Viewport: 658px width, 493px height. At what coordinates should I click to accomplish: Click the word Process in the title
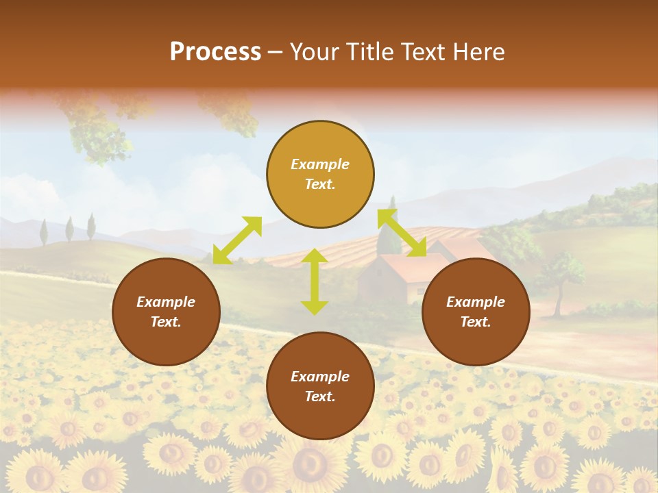[x=215, y=52]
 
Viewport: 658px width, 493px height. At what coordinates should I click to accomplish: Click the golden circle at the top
[x=320, y=175]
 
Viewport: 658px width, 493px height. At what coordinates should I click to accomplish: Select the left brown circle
[x=166, y=312]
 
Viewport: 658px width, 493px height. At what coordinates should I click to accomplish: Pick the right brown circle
[x=476, y=312]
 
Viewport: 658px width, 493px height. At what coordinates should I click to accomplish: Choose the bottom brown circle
[x=320, y=386]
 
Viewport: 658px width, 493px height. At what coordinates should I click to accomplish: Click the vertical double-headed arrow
[x=315, y=281]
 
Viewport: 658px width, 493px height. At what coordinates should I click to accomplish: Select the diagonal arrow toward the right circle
[x=402, y=233]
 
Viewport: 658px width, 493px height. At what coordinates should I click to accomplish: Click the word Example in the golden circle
[x=320, y=164]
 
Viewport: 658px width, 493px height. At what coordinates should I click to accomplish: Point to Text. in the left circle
[x=166, y=322]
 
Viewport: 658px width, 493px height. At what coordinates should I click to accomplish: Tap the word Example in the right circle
[x=476, y=302]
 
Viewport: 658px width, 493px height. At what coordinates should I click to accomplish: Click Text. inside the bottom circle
[x=320, y=396]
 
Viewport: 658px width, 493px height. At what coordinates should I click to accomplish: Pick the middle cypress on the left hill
[x=69, y=229]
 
